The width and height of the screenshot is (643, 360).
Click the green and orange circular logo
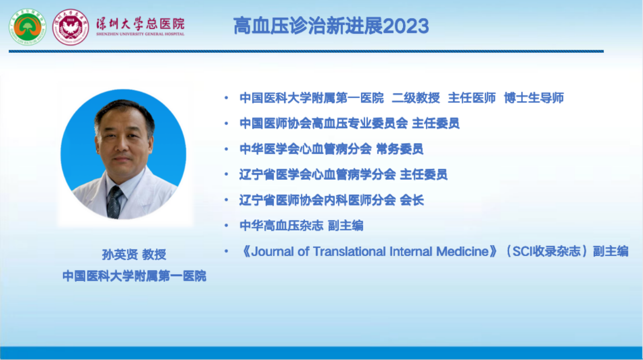pos(28,27)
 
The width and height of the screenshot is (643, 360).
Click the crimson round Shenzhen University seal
pos(71,27)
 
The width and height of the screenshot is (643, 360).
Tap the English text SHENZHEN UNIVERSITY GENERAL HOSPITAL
pos(140,34)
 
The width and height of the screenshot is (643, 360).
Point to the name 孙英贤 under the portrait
pos(120,255)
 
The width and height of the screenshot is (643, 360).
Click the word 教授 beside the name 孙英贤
pos(154,255)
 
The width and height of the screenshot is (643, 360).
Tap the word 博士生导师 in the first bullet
pos(534,98)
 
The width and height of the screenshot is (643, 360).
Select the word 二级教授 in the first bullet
pos(416,98)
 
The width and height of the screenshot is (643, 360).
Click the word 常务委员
pos(399,149)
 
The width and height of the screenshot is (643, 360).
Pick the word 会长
pos(412,200)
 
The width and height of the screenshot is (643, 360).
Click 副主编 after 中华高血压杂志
pos(346,225)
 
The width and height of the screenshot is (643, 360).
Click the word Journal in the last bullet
pos(272,252)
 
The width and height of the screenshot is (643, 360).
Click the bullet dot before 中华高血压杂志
pos(226,226)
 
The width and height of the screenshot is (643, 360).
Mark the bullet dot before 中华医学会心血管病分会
pos(226,149)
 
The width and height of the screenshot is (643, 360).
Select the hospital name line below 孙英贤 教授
pos(134,276)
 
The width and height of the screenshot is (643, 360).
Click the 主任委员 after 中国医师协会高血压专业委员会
pos(436,124)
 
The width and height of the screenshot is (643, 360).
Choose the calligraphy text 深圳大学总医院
pos(140,24)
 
